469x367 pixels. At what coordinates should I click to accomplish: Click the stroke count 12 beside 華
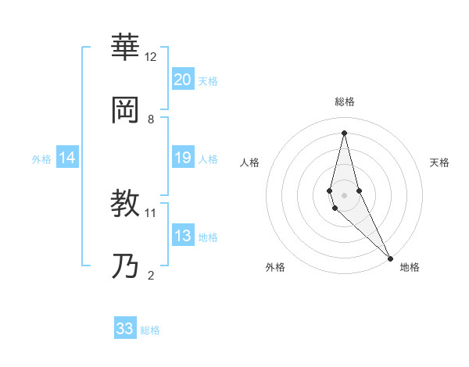[x=151, y=57]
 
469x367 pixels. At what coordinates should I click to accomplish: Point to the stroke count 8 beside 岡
[x=151, y=119]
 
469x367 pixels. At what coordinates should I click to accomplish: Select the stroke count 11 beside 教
[x=151, y=212]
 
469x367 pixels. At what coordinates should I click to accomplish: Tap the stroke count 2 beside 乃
[x=151, y=275]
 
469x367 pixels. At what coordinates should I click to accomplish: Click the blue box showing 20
[x=182, y=80]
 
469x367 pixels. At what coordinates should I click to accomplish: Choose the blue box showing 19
[x=182, y=159]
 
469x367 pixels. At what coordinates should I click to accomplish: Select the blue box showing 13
[x=182, y=236]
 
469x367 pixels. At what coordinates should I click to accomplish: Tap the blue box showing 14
[x=67, y=159]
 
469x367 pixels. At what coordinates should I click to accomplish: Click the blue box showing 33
[x=125, y=329]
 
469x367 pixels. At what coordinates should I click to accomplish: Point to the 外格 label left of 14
[x=41, y=159]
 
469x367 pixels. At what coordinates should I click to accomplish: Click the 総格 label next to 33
[x=150, y=330]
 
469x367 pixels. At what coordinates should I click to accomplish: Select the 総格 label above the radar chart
[x=344, y=102]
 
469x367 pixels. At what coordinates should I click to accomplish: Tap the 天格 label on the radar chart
[x=439, y=162]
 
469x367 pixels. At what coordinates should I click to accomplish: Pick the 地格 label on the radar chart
[x=410, y=267]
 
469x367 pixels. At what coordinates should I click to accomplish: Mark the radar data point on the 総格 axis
[x=344, y=132]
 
